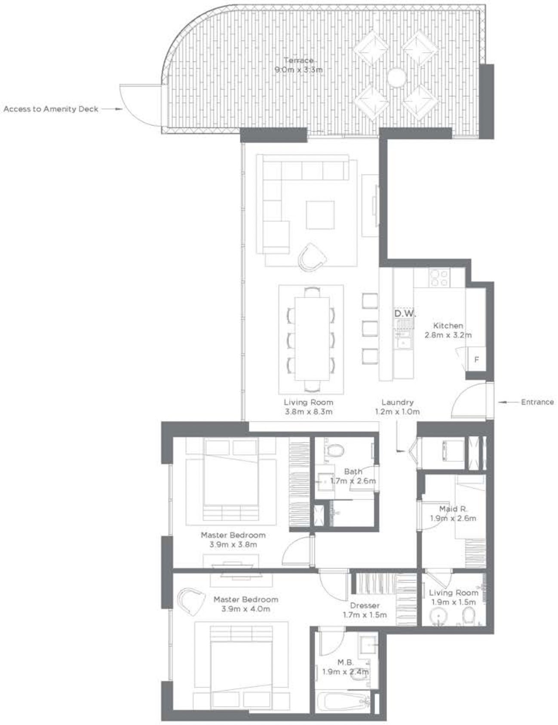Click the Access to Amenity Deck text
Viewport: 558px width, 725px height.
point(51,109)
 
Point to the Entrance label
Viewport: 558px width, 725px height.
point(537,402)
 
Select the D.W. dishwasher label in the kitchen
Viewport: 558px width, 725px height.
point(405,313)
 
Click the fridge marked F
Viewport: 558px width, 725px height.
point(476,359)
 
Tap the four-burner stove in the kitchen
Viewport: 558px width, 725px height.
point(439,277)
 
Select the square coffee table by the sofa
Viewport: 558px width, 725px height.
point(320,215)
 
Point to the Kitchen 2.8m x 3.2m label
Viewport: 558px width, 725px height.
point(448,330)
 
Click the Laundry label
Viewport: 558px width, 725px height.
point(397,402)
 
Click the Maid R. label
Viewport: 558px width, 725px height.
point(453,509)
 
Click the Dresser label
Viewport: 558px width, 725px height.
point(365,605)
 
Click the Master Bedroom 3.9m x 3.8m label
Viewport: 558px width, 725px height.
point(233,540)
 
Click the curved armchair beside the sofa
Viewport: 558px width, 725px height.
point(313,257)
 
